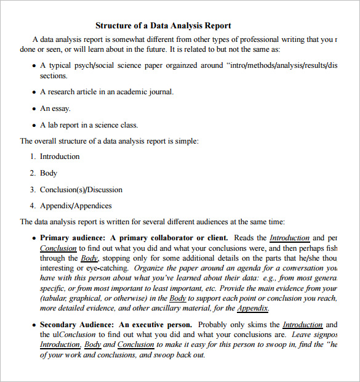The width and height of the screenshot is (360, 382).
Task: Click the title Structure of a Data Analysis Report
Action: pyautogui.click(x=163, y=25)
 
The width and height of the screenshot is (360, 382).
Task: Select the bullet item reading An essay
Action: pyautogui.click(x=55, y=108)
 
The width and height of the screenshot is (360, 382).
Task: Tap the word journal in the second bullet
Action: pyautogui.click(x=160, y=92)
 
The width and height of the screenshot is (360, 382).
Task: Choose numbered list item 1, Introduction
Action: pyautogui.click(x=60, y=156)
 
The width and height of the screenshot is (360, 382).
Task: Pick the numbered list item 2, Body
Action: pyautogui.click(x=49, y=173)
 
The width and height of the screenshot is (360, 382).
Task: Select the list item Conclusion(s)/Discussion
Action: pyautogui.click(x=81, y=190)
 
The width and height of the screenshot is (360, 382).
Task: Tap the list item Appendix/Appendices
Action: pyautogui.click(x=76, y=206)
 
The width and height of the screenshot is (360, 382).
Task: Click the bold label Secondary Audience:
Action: pyautogui.click(x=77, y=325)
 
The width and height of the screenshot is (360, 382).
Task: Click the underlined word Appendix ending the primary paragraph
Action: pyautogui.click(x=252, y=308)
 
